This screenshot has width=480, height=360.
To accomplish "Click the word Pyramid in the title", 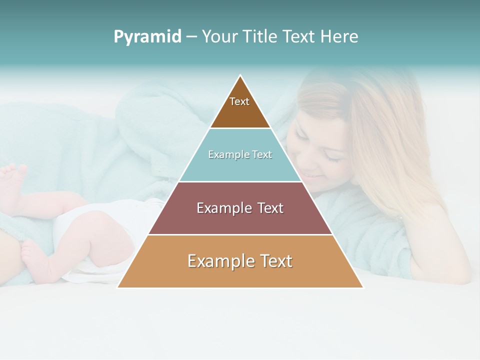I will [147, 36].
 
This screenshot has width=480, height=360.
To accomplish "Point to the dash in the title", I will [191, 37].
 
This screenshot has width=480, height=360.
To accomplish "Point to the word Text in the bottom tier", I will [276, 261].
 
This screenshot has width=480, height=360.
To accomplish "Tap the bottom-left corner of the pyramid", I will [118, 287].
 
